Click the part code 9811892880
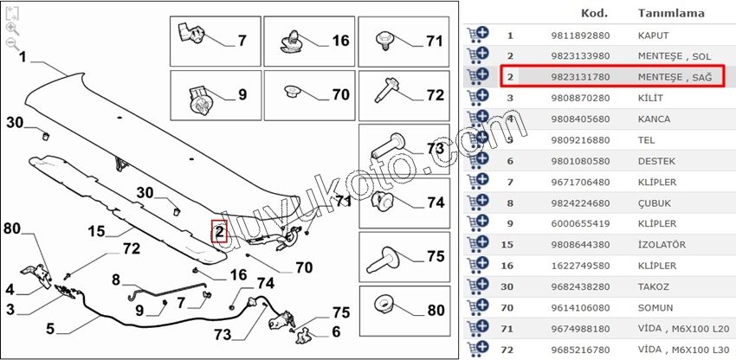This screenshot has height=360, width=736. [580, 35]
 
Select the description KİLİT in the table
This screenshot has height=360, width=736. [650, 98]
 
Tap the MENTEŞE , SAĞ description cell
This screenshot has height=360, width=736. [675, 77]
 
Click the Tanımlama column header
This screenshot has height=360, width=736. [671, 13]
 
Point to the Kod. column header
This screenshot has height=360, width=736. [594, 13]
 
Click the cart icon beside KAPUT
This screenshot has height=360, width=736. [477, 35]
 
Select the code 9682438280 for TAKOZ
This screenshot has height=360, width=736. [580, 286]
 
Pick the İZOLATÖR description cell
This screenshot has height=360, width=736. [662, 245]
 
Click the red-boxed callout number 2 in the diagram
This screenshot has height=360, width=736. [219, 231]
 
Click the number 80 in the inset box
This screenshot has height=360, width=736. [436, 311]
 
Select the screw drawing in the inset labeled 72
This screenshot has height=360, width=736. [387, 90]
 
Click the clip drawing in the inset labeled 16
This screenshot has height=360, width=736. [291, 41]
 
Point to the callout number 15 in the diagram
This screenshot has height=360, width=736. [98, 231]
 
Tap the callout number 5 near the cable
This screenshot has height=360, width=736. [50, 329]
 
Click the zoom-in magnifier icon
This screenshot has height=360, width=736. [12, 29]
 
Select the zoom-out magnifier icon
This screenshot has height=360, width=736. [12, 44]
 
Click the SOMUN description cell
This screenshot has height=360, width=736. [655, 308]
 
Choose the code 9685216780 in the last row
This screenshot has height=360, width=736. [580, 350]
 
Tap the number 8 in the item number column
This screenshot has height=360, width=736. [510, 203]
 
